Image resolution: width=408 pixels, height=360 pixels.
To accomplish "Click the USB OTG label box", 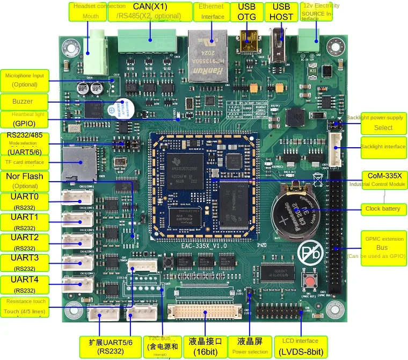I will [x=246, y=12].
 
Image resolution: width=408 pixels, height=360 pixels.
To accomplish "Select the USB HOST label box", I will [x=281, y=12].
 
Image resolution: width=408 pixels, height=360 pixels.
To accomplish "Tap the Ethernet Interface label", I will [x=212, y=12].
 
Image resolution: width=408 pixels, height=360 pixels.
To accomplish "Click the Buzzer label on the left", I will [x=24, y=101].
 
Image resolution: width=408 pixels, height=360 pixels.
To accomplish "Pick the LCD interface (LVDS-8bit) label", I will [x=301, y=347].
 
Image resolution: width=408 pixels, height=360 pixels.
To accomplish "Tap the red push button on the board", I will [x=309, y=281].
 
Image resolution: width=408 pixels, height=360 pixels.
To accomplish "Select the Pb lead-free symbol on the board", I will [x=312, y=253].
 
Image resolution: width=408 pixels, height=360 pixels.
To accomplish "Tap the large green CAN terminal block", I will [x=147, y=41].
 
